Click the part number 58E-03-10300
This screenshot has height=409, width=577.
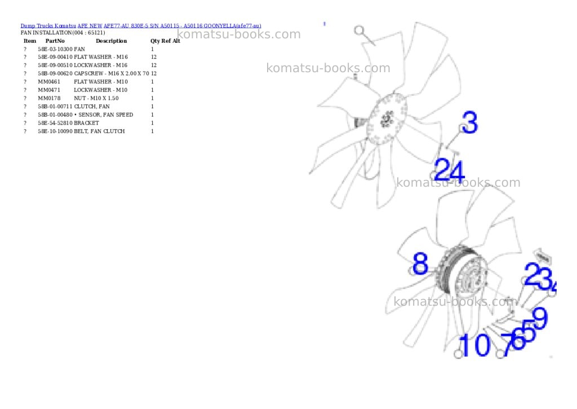tap(55, 49)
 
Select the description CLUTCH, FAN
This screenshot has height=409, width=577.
tap(92, 107)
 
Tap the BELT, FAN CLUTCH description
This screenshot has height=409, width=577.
tap(99, 131)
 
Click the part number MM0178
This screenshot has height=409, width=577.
tap(49, 98)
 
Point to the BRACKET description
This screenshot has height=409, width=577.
tap(86, 123)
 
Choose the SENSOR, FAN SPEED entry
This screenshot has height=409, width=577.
tap(104, 115)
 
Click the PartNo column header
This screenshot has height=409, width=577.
tap(55, 41)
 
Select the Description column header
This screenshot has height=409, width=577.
tap(111, 41)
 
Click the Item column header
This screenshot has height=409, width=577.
tap(30, 41)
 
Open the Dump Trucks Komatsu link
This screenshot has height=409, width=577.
tap(48, 26)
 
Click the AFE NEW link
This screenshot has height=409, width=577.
tap(90, 26)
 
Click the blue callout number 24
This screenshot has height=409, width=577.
tap(450, 170)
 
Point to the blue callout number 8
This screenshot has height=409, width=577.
tap(420, 263)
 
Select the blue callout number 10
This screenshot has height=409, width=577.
tap(474, 345)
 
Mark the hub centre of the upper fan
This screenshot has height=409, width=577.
tap(387, 118)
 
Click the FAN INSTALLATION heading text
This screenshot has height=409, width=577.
tap(63, 33)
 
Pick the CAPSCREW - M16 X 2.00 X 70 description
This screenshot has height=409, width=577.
tap(112, 73)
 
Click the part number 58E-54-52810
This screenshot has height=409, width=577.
tap(55, 123)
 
